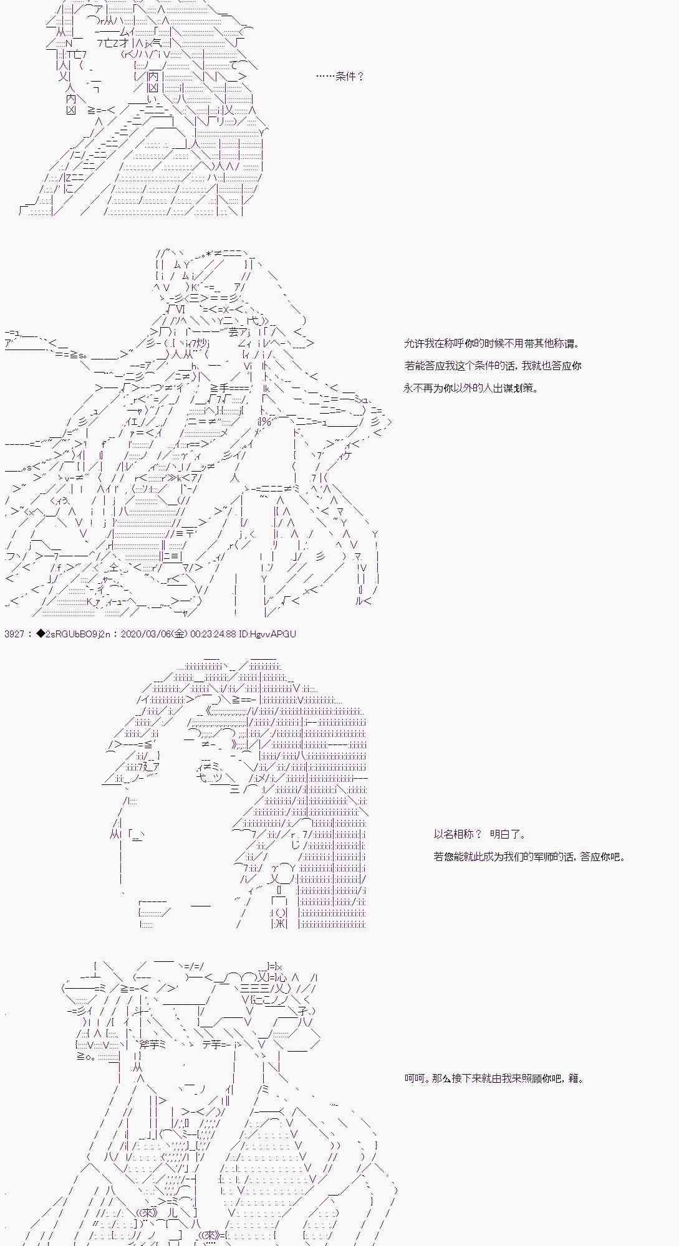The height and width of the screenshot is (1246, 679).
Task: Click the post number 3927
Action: pos(14,634)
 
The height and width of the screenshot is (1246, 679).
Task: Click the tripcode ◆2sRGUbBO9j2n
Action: pos(74,634)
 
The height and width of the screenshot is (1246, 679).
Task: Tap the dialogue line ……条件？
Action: pos(340,77)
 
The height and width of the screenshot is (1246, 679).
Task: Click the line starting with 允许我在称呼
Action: pos(492,343)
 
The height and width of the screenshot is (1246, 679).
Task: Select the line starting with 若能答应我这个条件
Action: pos(493,366)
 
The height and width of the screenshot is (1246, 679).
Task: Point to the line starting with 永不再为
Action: pos(471,388)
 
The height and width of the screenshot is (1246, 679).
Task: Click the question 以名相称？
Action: pos(458,834)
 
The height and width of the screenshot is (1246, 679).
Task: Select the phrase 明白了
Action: pos(508,834)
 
